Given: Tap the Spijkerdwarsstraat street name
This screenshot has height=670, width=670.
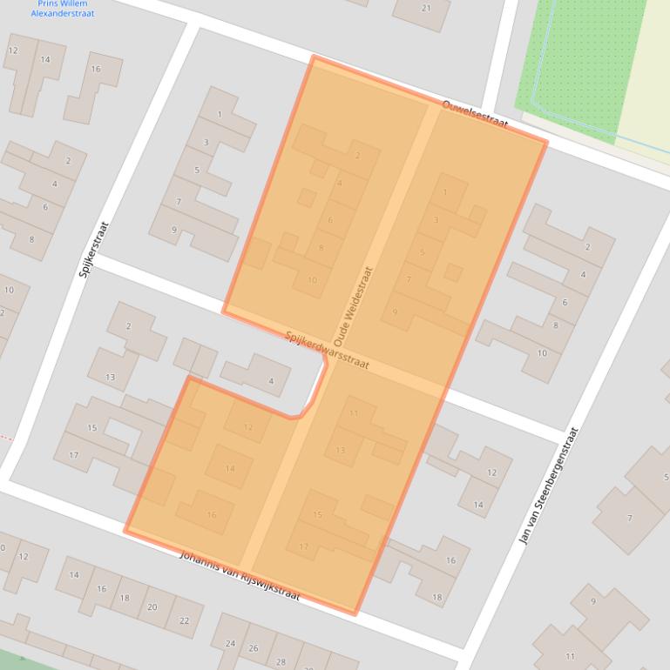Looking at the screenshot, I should click(x=328, y=350).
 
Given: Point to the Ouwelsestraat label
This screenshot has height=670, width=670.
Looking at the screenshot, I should click(x=475, y=114).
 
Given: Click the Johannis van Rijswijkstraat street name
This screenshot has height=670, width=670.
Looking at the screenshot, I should click(x=240, y=576).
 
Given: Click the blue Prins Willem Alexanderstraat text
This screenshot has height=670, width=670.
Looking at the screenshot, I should click(x=63, y=9).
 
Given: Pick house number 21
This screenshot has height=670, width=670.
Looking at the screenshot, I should click(x=425, y=9).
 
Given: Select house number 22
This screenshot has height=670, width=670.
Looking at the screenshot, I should click(x=184, y=620).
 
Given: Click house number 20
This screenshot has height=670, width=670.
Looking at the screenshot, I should click(x=152, y=606).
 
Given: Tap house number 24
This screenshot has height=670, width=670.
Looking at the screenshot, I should click(x=230, y=644).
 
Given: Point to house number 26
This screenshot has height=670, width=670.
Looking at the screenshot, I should click(x=254, y=648).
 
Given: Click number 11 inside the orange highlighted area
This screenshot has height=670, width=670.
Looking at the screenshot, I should click(x=353, y=413).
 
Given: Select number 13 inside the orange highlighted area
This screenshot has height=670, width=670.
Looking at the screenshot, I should click(x=340, y=450).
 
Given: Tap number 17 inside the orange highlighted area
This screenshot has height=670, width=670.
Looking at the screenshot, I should click(x=304, y=546).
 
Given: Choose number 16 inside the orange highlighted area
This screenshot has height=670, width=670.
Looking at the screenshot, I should click(x=211, y=515).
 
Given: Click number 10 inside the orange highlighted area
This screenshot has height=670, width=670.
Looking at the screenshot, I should click(x=312, y=280).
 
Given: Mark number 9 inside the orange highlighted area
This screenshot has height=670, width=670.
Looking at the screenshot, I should click(x=395, y=312).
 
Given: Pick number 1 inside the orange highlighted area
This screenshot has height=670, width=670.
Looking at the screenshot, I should click(x=445, y=192).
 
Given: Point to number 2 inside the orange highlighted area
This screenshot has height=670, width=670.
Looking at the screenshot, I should click(x=357, y=156).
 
